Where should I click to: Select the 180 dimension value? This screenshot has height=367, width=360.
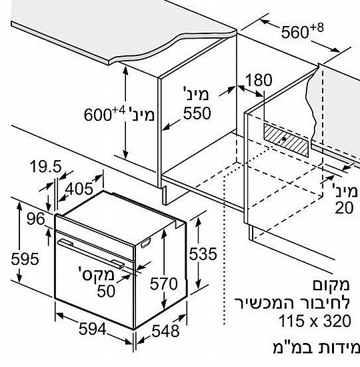(x=259, y=80)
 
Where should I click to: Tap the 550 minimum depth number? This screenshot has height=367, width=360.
(x=197, y=113)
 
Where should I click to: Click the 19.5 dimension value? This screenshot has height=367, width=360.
(x=46, y=166)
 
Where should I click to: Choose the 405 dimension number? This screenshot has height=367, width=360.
(x=79, y=189)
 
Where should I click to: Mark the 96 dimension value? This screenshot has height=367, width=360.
(x=35, y=219)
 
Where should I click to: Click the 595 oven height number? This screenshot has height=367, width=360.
(x=25, y=259)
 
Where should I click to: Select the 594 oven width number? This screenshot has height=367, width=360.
(x=93, y=328)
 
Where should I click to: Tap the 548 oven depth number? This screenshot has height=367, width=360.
(x=165, y=331)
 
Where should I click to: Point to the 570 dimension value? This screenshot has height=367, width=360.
(x=164, y=284)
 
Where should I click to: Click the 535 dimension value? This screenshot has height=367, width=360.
(x=203, y=254)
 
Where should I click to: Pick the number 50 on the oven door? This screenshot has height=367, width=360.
(x=106, y=291)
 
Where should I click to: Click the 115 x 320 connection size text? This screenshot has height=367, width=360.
(x=315, y=321)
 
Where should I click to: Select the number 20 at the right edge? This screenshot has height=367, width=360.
(x=344, y=208)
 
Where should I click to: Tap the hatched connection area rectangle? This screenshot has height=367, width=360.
(x=286, y=140)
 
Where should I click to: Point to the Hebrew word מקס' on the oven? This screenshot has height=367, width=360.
(x=97, y=274)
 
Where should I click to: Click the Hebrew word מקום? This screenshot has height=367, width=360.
(x=331, y=285)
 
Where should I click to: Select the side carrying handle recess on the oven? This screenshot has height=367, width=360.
(x=145, y=243)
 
